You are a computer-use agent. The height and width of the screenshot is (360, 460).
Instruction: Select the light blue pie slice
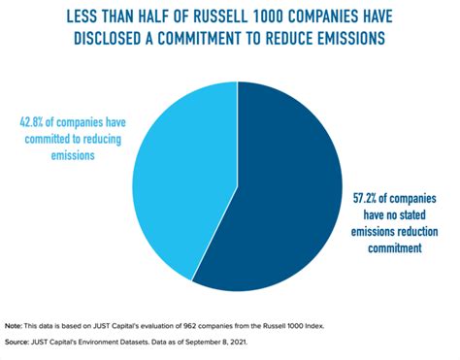pos(184,175)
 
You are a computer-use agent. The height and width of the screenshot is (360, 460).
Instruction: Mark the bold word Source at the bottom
pos(18,342)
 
